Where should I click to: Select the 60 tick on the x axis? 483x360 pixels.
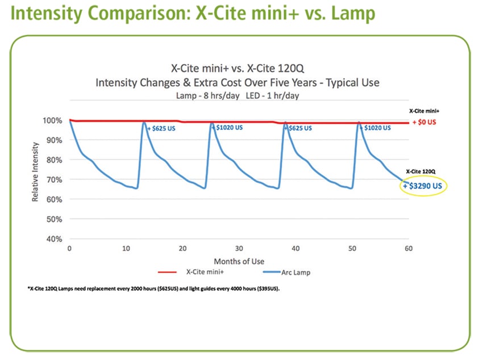click(x=408, y=249)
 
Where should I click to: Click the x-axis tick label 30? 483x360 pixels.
click(x=239, y=249)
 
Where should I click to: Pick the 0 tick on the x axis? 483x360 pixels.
click(x=69, y=249)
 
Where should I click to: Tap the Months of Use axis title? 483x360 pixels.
click(x=238, y=261)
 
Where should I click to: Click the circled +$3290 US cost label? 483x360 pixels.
click(x=424, y=186)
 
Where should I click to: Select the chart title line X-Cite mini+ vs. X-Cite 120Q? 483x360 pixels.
click(x=238, y=67)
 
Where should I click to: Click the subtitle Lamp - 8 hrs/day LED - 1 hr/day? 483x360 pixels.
click(x=238, y=95)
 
